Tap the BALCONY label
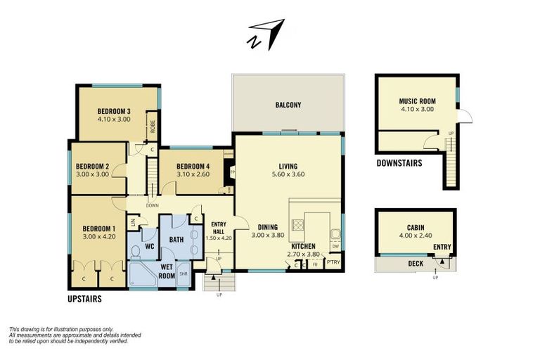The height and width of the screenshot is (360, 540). [288, 105]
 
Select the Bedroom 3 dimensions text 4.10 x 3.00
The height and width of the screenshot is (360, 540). [114, 120]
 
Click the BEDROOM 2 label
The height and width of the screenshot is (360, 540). [93, 166]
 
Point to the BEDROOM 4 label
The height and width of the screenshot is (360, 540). [184, 166]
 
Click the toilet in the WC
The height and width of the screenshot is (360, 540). [136, 252]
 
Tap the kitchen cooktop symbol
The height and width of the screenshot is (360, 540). [297, 226]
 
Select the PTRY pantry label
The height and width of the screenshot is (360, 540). [333, 263]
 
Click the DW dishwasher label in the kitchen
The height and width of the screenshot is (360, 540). [335, 245]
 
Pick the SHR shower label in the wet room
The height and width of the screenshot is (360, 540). [184, 274]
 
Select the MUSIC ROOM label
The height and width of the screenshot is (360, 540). [417, 101]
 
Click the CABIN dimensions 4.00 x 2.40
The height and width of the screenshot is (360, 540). [415, 236]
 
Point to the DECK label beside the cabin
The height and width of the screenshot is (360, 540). [416, 264]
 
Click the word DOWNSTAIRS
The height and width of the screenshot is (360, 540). [399, 162]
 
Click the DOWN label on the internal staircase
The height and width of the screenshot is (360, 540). [152, 205]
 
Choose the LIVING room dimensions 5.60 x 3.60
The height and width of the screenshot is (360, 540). [288, 174]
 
